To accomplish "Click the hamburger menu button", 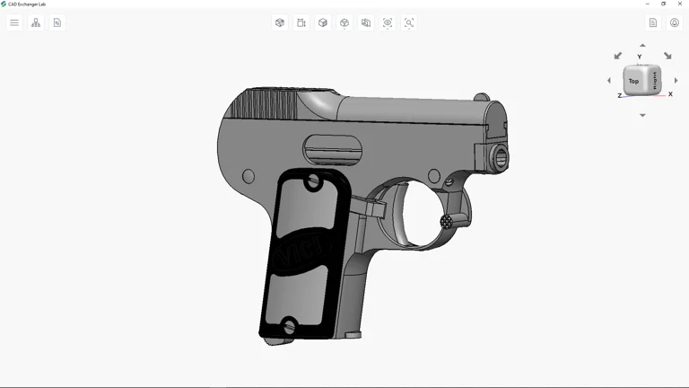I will point(14,22).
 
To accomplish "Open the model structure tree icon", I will point(36,22).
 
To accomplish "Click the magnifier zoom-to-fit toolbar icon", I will point(409,22).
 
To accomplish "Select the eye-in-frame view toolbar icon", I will point(388,22).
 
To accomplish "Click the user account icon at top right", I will point(675,22).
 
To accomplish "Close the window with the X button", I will point(680,4).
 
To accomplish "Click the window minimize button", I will point(648,4).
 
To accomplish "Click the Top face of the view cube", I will point(633,82).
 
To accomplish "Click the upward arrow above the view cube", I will point(642,45).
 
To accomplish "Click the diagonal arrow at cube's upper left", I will point(618,56).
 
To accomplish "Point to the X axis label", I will point(670,94).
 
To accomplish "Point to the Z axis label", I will point(619,95).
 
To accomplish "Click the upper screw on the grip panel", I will point(313,182).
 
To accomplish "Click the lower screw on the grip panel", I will point(289,326).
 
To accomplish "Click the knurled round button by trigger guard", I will point(446,221).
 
